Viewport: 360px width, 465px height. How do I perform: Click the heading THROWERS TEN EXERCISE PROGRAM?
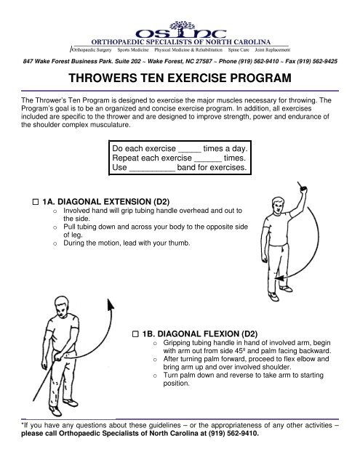[180, 78]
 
